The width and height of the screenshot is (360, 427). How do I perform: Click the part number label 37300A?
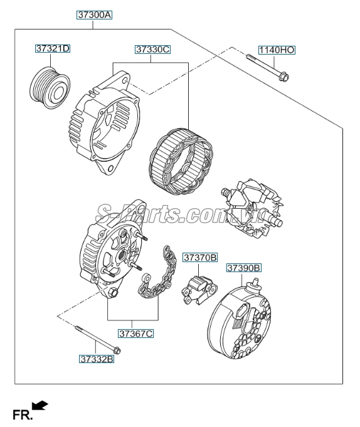coord(94,14)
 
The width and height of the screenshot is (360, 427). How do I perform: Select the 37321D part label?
coord(53,48)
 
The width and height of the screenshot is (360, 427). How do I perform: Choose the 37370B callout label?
coord(200,257)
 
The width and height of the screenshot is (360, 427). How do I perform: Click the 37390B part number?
coord(243,268)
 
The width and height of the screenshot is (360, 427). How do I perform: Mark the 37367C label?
coord(136,334)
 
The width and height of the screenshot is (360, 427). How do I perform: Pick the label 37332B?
coord(96,359)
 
